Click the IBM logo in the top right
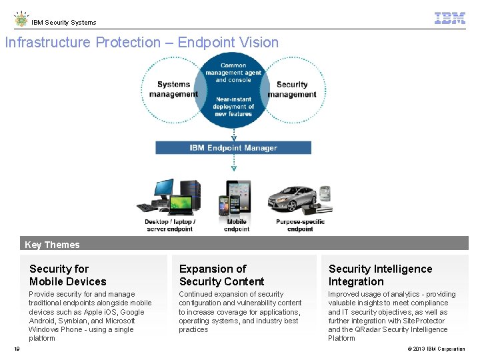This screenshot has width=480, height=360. (449, 19)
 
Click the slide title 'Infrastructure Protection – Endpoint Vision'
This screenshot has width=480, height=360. (142, 43)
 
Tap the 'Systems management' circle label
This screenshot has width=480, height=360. (173, 89)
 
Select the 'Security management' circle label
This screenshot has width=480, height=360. (292, 89)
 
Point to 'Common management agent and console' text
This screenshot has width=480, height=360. (233, 73)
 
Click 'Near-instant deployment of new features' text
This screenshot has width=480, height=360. (233, 107)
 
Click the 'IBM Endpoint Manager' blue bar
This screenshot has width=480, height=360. (233, 148)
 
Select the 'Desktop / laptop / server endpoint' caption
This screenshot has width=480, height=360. (169, 225)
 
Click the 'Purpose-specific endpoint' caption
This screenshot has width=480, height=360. (300, 225)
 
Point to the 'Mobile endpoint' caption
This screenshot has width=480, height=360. (237, 225)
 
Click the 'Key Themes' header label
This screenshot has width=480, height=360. (52, 245)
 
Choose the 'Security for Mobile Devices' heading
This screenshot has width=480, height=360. (68, 275)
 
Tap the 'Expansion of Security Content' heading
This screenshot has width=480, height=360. (221, 275)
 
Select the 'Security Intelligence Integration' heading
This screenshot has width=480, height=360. (380, 275)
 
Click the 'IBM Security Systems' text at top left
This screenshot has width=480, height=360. (64, 23)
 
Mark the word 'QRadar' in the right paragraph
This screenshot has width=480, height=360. (366, 329)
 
